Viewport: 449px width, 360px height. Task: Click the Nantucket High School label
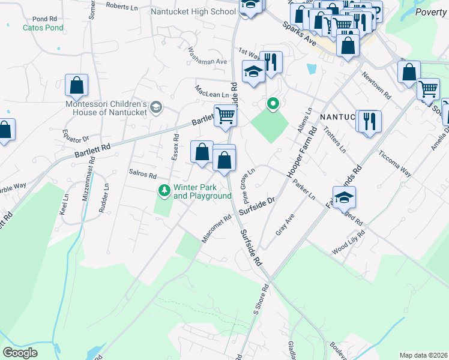pyautogui.click(x=193, y=11)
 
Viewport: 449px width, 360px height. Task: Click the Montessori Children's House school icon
pyautogui.click(x=156, y=107)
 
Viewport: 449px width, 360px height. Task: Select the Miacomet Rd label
pyautogui.click(x=217, y=229)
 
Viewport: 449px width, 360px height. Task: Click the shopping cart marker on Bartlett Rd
pyautogui.click(x=225, y=115)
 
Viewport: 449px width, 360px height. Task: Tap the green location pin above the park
pyautogui.click(x=273, y=104)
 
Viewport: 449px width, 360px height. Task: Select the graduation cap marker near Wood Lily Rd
pyautogui.click(x=345, y=197)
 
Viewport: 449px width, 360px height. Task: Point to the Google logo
pyautogui.click(x=20, y=353)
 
